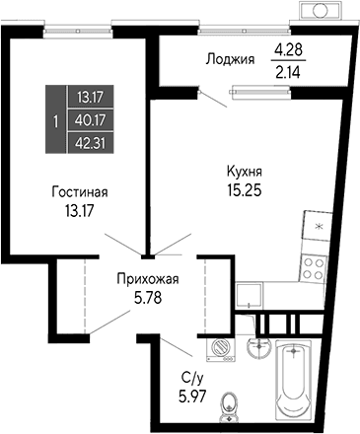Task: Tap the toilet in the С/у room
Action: point(230,402)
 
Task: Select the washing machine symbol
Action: point(219,348)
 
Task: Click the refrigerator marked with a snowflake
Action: point(318,228)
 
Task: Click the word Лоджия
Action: point(230,58)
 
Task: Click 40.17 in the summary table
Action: point(90,120)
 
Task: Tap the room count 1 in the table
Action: point(55,120)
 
